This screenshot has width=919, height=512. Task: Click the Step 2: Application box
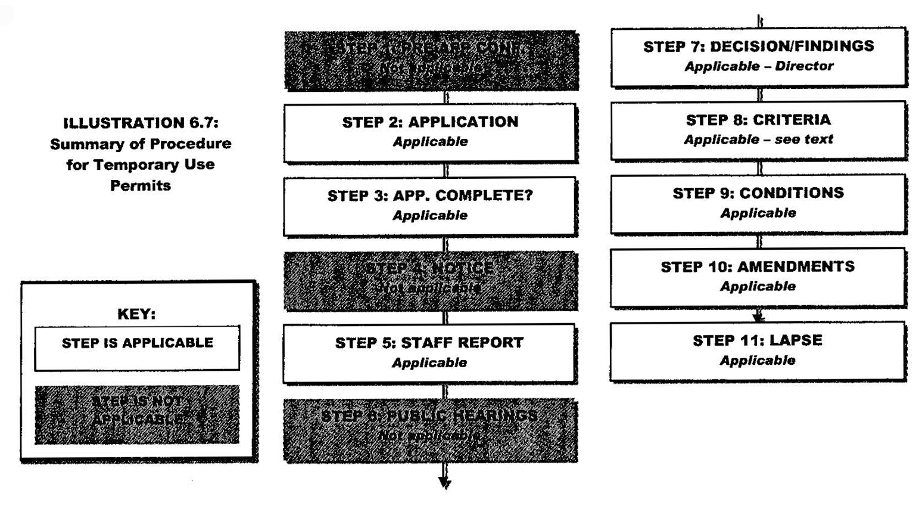pyautogui.click(x=429, y=132)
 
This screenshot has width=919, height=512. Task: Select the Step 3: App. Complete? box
pyautogui.click(x=429, y=206)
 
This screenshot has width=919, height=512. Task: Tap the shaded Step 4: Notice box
pyautogui.click(x=430, y=280)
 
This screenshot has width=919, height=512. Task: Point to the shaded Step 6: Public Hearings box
pyautogui.click(x=430, y=430)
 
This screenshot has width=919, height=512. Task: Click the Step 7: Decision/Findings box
pyautogui.click(x=758, y=56)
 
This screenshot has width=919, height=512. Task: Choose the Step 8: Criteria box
pyautogui.click(x=758, y=129)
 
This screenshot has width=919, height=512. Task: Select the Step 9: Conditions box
pyautogui.click(x=758, y=203)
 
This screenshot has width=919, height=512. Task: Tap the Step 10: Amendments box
pyautogui.click(x=758, y=277)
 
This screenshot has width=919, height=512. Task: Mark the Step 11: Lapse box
pyautogui.click(x=758, y=350)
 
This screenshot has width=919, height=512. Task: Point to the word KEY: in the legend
pyautogui.click(x=136, y=314)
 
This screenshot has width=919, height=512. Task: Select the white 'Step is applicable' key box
pyautogui.click(x=137, y=347)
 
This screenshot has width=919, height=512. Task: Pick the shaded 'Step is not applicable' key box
pyautogui.click(x=137, y=414)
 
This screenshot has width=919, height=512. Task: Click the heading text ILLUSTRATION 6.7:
pyautogui.click(x=141, y=123)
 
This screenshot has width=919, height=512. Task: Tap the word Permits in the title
pyautogui.click(x=141, y=185)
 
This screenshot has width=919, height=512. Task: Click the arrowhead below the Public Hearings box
pyautogui.click(x=444, y=482)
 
